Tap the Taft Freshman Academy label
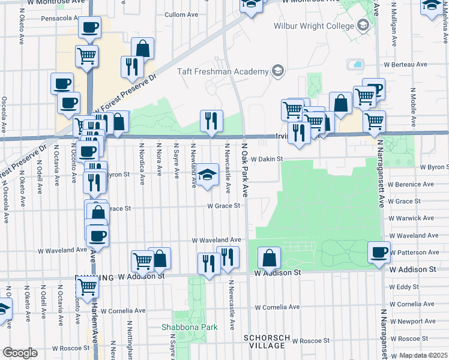(x=223, y=72)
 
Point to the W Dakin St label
(x=267, y=159)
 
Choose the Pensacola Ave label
(x=60, y=19)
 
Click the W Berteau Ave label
(x=406, y=64)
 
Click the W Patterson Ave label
(x=415, y=253)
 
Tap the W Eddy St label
(x=403, y=287)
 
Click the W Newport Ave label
(x=412, y=321)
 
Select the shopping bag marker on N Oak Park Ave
(x=270, y=258)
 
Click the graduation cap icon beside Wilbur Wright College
(x=363, y=26)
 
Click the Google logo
(x=20, y=352)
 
